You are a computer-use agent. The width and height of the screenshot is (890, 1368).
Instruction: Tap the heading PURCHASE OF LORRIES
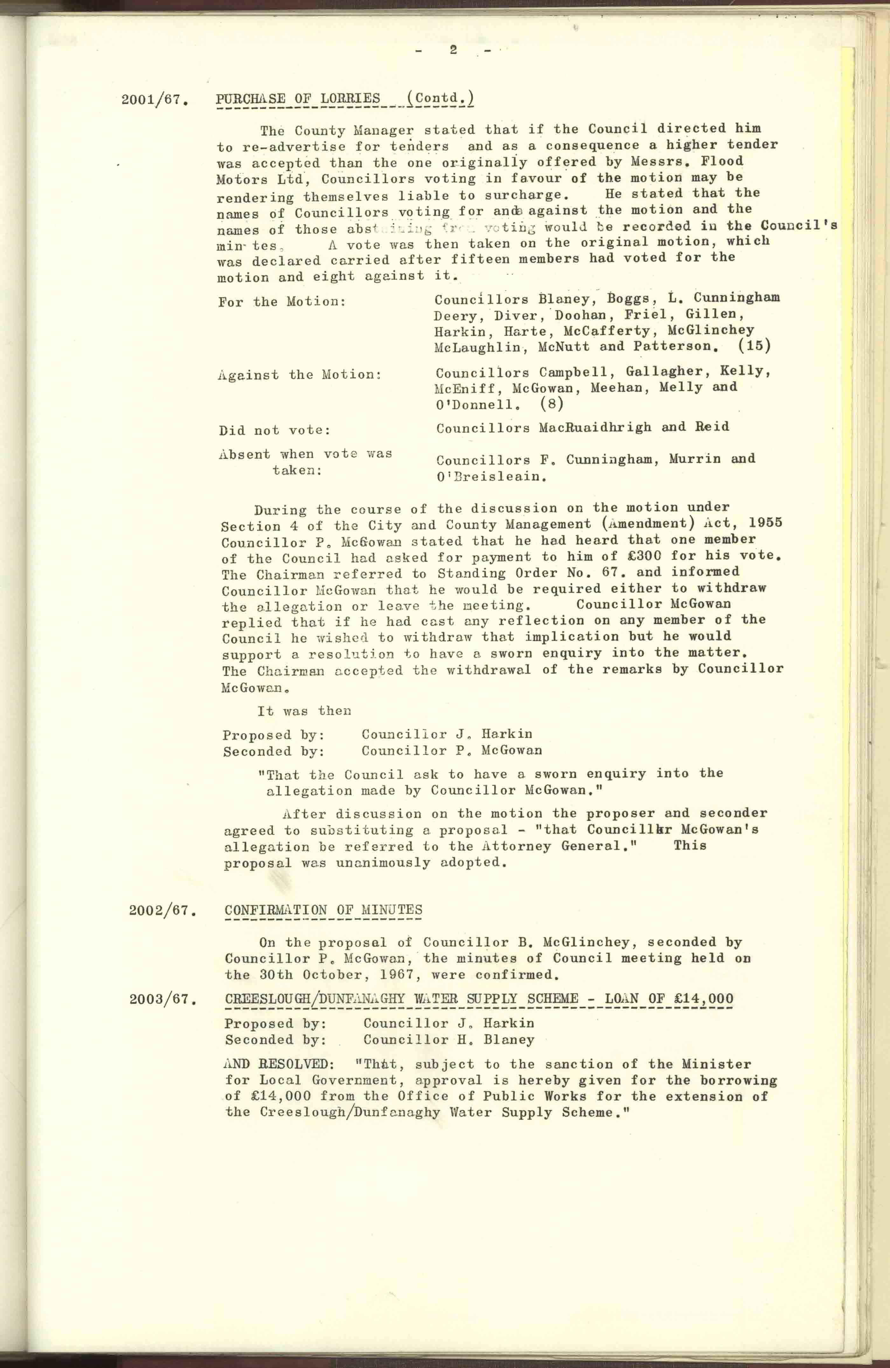(x=298, y=98)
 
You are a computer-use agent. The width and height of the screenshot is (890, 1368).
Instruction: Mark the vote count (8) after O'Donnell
(x=552, y=403)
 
